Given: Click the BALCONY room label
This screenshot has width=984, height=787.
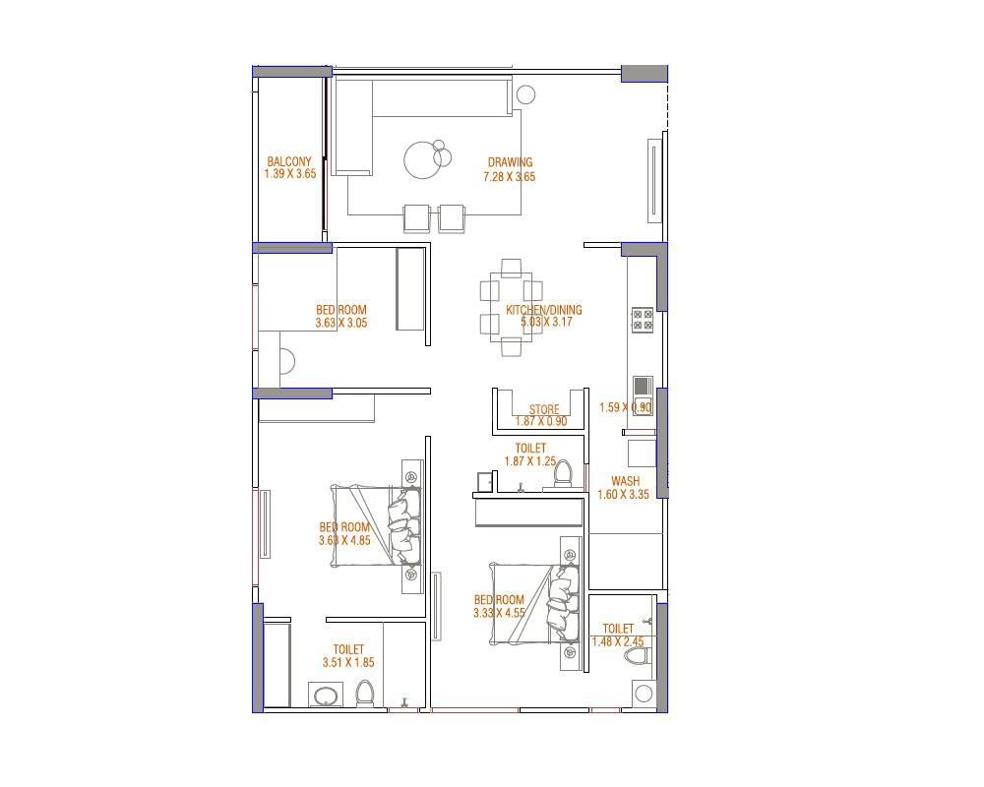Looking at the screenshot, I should point(289,162).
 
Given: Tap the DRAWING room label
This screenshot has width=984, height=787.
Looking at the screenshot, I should point(510,163).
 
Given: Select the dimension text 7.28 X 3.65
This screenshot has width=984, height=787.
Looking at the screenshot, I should point(510,177).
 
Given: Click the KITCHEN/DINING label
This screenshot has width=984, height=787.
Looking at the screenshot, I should point(544,310).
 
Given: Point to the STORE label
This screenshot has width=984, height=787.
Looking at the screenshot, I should point(544,409).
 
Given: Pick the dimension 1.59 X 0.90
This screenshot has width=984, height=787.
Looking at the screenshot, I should point(626,407).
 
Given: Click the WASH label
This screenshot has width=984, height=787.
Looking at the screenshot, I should point(625,482).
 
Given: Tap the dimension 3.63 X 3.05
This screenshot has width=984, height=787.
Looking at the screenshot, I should point(341,323).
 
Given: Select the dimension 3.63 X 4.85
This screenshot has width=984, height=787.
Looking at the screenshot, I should point(344,540).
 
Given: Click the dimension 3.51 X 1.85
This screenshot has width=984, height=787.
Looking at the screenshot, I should point(348,663).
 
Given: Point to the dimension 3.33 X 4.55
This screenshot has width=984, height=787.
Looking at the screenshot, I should point(499,613).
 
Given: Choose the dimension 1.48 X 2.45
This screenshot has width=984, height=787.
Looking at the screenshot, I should point(617,641).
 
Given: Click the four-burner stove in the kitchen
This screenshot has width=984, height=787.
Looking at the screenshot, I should point(643,320).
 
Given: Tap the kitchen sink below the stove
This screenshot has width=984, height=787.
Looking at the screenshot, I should point(642,386).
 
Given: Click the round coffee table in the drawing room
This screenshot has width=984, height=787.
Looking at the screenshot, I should point(427,159).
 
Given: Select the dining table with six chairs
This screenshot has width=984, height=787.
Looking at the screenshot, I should point(512,305).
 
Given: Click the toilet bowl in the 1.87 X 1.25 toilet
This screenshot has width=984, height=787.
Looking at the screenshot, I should point(563,475).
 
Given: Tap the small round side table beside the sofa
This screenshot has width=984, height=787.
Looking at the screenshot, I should point(526,95).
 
